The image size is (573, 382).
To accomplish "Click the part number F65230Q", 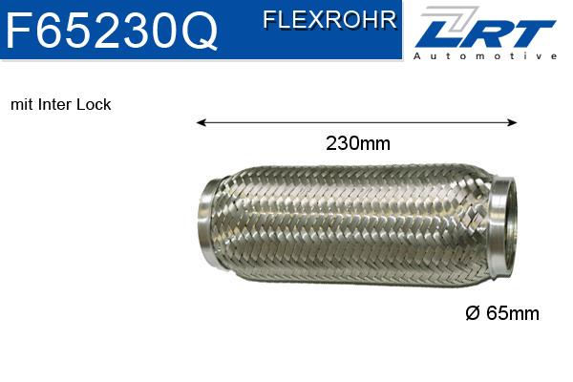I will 112,32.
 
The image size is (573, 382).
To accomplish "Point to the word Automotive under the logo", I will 485,56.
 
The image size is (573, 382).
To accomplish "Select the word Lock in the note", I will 95,105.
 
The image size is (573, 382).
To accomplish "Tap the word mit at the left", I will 21,105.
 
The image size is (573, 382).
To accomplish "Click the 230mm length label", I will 358,144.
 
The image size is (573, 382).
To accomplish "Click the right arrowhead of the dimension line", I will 513,122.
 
